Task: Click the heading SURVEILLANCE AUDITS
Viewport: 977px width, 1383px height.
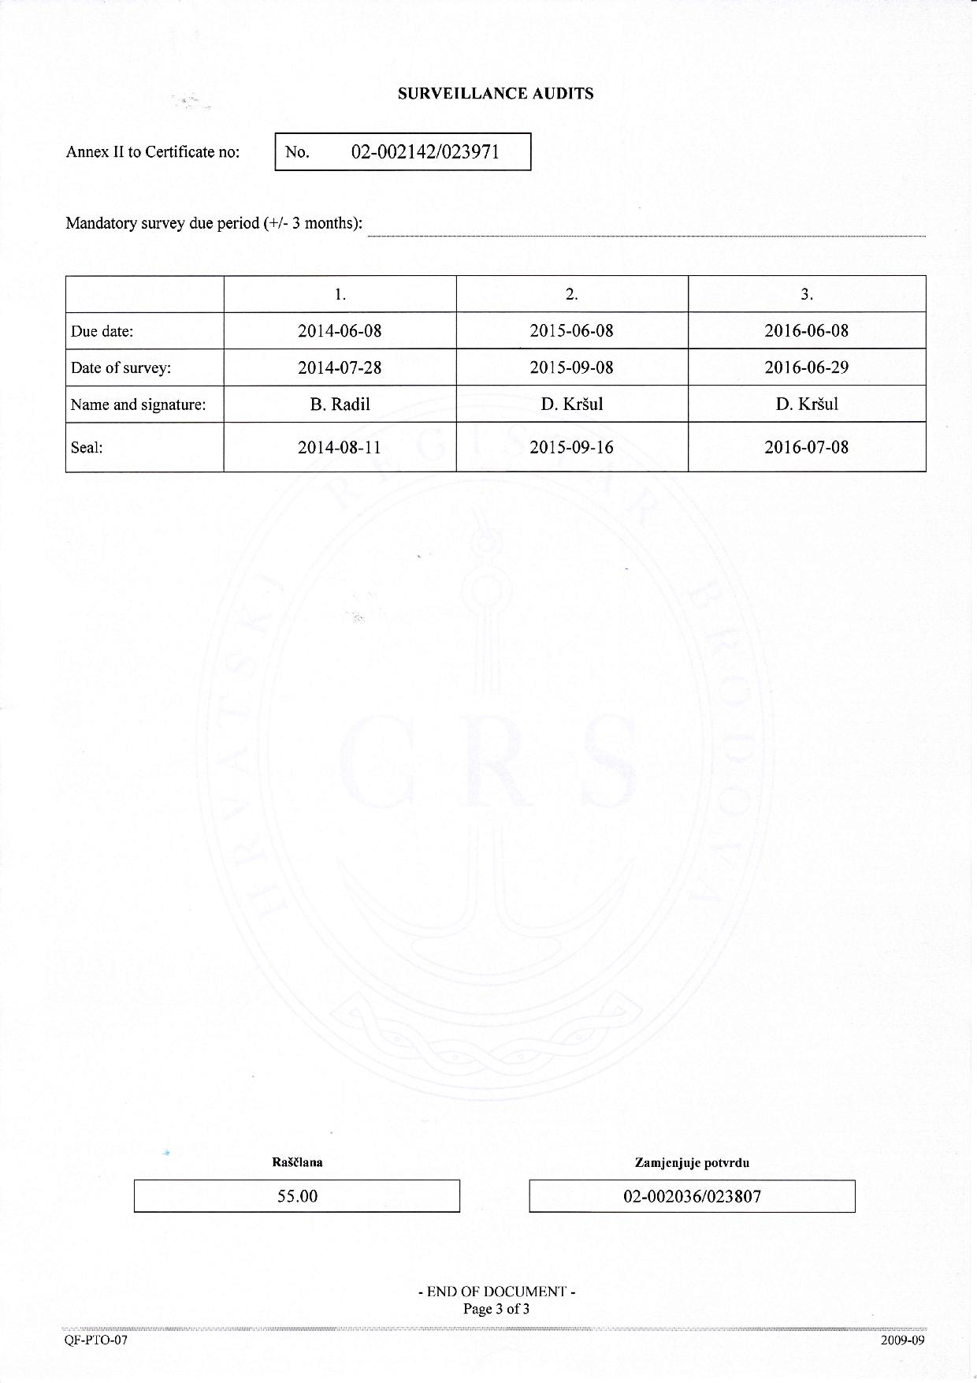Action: pyautogui.click(x=496, y=94)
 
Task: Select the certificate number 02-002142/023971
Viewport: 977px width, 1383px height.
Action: pyautogui.click(x=425, y=152)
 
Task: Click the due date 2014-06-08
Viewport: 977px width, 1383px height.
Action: pyautogui.click(x=340, y=331)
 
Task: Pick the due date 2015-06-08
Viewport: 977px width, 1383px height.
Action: pyautogui.click(x=571, y=331)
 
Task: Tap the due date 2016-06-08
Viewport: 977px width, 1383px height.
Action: pyautogui.click(x=806, y=331)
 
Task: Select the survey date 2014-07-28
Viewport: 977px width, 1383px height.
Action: pyautogui.click(x=340, y=367)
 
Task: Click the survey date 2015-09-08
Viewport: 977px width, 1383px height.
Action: pyautogui.click(x=571, y=367)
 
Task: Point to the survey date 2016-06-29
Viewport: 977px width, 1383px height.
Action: pyautogui.click(x=806, y=367)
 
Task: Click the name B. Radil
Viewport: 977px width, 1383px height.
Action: pyautogui.click(x=340, y=404)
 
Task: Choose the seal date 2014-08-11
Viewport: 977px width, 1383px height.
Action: pyautogui.click(x=340, y=448)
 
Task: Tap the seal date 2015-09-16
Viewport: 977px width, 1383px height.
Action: pyautogui.click(x=571, y=448)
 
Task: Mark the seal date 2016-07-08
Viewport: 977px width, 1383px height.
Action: pyautogui.click(x=806, y=448)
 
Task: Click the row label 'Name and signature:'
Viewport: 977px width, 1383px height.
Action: pyautogui.click(x=138, y=405)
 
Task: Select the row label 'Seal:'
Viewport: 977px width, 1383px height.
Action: pyautogui.click(x=87, y=448)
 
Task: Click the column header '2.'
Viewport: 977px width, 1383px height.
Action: pyautogui.click(x=571, y=295)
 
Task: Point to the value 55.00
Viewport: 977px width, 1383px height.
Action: pyautogui.click(x=297, y=1196)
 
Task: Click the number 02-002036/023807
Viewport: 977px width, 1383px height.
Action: pyautogui.click(x=692, y=1196)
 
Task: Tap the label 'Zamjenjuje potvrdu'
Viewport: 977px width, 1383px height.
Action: pyautogui.click(x=692, y=1163)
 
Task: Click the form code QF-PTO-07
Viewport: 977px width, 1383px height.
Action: pyautogui.click(x=96, y=1340)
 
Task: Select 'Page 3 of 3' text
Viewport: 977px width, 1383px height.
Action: pyautogui.click(x=496, y=1310)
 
